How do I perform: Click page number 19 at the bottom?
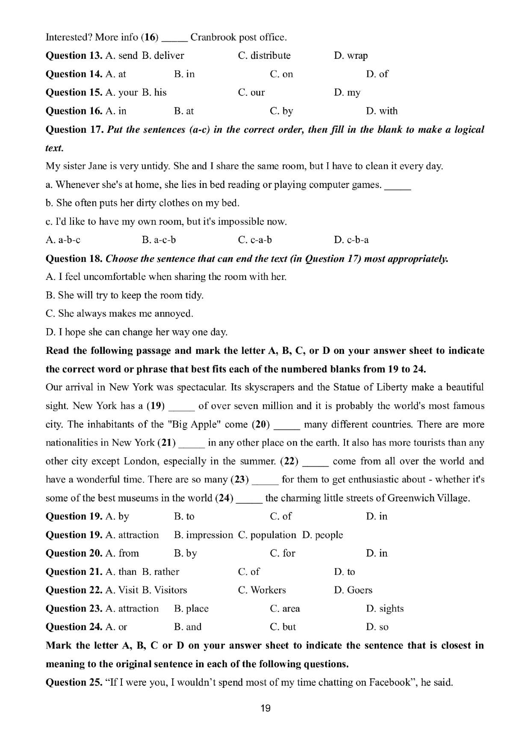coord(266,708)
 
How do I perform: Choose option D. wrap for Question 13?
coord(350,56)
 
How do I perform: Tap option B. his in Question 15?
coord(154,92)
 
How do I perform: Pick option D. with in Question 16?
coord(381,111)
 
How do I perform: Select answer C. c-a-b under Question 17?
coord(255,240)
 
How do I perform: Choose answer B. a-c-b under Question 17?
coord(159,240)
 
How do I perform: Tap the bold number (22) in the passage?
coord(289,461)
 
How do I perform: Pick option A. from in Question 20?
coord(122,553)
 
